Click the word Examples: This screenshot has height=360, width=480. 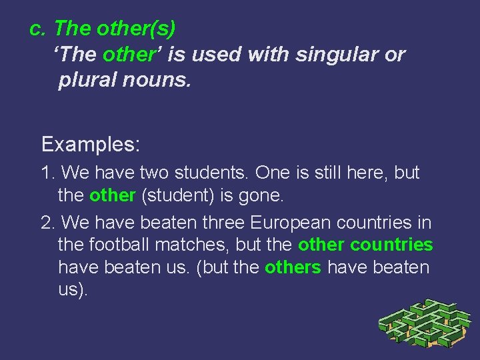[91, 143]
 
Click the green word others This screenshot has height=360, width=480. [293, 267]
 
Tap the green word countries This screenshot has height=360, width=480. [391, 245]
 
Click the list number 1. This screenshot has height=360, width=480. [47, 173]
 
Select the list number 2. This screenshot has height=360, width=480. [47, 222]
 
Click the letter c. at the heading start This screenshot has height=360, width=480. [37, 29]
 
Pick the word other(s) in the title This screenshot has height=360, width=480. [136, 29]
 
